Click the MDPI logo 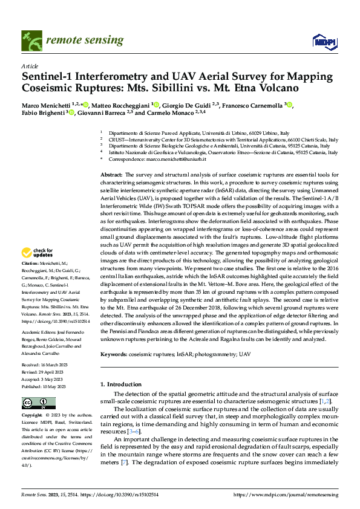pos(321,41)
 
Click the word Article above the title pos(29,66)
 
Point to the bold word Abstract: pos(113,173)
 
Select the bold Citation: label pos(31,281)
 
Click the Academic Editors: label pos(39,332)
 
